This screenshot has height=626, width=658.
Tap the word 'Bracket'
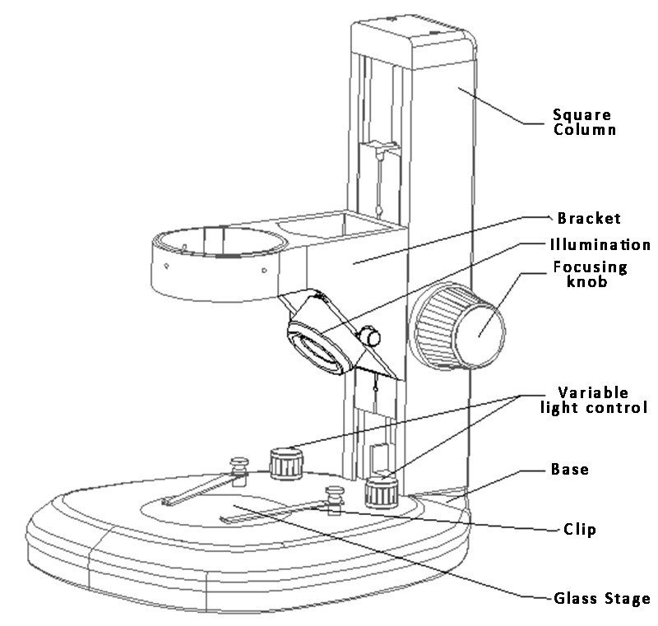pos(589,219)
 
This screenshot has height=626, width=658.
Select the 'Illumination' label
pos(600,244)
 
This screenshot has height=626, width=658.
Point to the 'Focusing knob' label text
pos(590,275)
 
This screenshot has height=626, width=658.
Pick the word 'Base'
pos(569,471)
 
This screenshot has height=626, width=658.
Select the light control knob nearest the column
pos(382,493)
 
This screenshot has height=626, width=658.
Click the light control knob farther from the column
pos(286,463)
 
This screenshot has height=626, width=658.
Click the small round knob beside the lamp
pos(371,336)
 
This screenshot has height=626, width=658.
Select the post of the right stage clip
pos(335,499)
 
